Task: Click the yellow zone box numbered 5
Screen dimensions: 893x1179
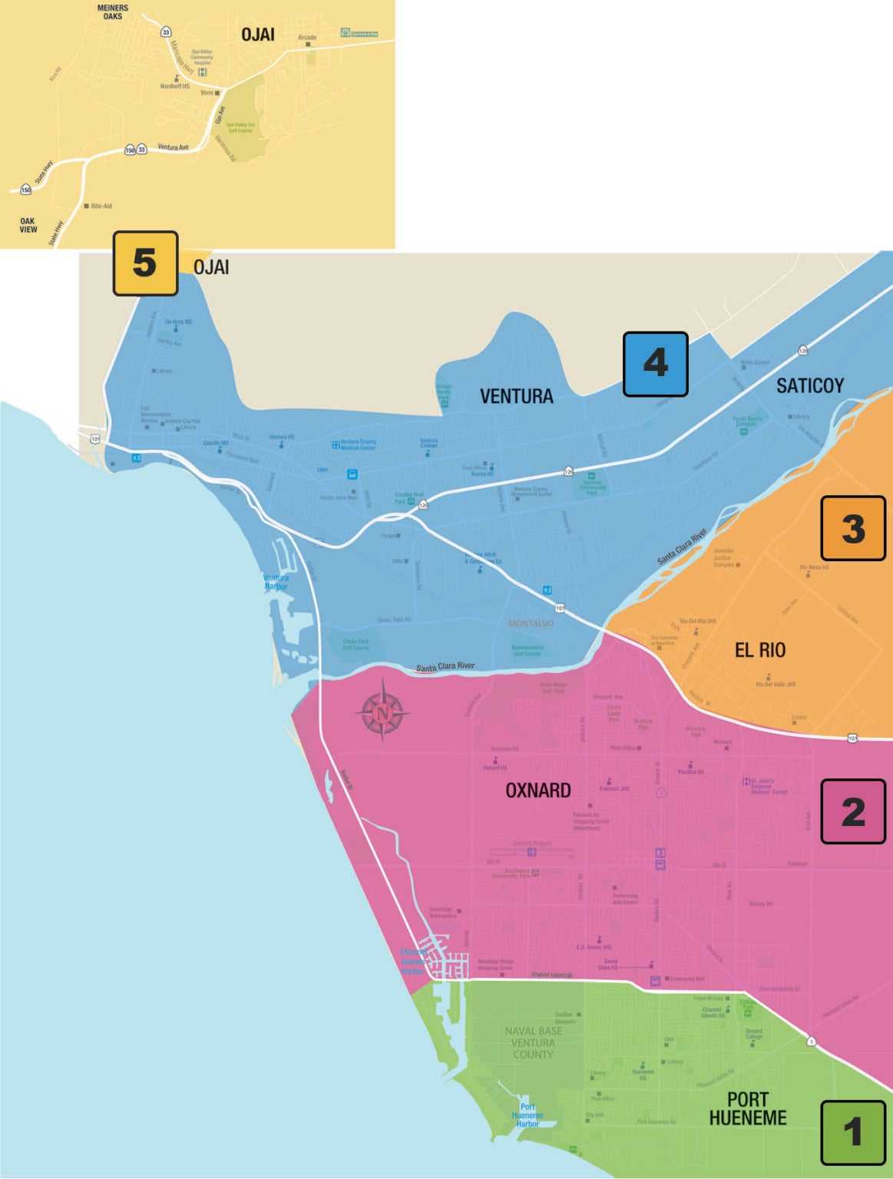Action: [145, 263]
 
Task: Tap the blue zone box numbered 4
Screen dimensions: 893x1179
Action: [655, 364]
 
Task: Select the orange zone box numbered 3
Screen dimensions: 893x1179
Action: [853, 528]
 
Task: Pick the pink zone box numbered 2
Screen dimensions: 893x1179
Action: [853, 811]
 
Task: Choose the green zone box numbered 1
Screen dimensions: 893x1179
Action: [853, 1132]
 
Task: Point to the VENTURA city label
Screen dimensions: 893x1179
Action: [516, 396]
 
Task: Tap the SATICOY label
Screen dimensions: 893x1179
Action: [809, 385]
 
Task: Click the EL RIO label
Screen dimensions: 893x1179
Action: [760, 650]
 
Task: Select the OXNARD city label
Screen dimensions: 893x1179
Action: [537, 790]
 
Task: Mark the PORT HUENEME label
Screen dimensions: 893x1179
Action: [748, 1109]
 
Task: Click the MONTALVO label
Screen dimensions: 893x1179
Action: [531, 623]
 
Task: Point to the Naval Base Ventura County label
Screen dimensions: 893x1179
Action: [533, 1042]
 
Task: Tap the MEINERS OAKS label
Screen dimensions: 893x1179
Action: [113, 12]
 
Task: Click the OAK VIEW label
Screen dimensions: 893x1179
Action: [28, 225]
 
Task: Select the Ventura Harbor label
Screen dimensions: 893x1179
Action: [276, 582]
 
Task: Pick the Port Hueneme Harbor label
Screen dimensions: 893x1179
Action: [528, 1115]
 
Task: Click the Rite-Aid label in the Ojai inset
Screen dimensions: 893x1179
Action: [101, 206]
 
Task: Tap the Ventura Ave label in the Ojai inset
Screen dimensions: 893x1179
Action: [173, 147]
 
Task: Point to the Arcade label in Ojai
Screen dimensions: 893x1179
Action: [307, 38]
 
